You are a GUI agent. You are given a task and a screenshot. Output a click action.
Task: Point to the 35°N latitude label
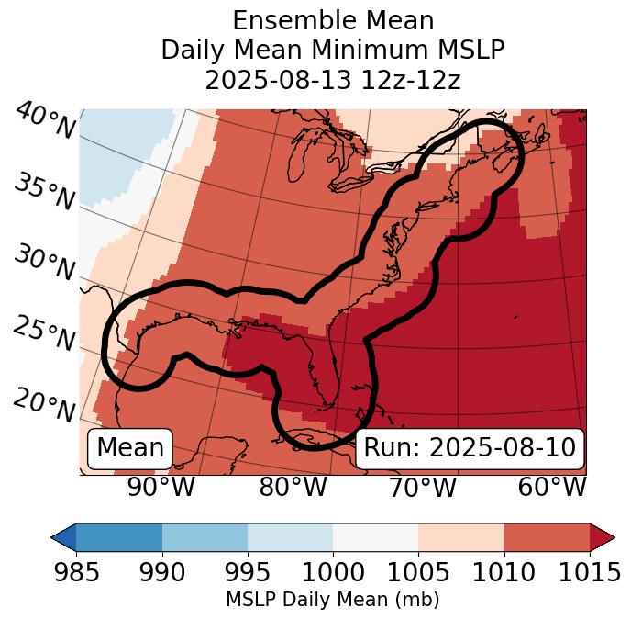coord(45,192)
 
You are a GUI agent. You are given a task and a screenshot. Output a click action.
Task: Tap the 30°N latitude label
coord(44,264)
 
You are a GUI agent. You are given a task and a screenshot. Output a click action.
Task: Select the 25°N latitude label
coord(44,334)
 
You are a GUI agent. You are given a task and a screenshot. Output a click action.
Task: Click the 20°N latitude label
coord(44,404)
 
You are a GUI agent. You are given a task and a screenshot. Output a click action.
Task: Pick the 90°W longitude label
coord(161,488)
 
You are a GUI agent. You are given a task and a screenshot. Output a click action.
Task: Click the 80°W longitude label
coord(293,488)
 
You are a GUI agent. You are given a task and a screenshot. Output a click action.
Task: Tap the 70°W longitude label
coord(422,488)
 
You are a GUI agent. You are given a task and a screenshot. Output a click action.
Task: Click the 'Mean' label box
coord(130,448)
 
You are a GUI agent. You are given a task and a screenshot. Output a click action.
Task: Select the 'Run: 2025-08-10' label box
coord(470,448)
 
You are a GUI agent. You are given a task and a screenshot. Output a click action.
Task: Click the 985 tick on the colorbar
coord(76,573)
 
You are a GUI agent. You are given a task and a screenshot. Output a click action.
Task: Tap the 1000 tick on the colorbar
coord(333,573)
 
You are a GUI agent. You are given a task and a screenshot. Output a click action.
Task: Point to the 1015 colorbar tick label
coord(589,573)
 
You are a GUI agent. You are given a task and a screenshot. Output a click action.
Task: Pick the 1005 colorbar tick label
coord(418,573)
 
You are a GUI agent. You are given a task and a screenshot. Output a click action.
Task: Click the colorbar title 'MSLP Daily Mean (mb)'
coord(332,600)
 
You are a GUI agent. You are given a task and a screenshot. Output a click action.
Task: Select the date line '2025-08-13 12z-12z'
coord(333,80)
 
